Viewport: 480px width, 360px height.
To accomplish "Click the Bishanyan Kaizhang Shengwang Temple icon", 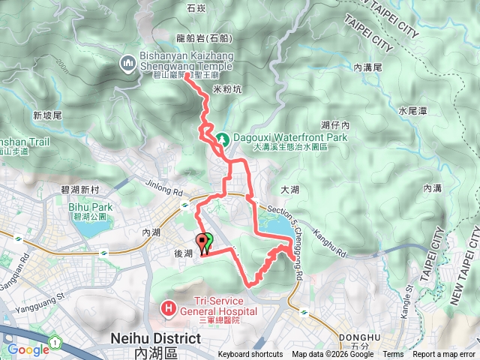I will (127, 64).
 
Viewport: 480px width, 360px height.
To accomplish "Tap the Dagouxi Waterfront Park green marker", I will (223, 139).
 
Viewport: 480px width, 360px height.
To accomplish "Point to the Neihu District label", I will (155, 338).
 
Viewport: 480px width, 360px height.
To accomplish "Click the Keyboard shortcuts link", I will (250, 355).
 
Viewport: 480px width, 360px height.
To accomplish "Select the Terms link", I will (393, 355).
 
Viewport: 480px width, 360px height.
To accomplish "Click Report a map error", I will (445, 355).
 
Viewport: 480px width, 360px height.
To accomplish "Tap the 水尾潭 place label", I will (412, 111).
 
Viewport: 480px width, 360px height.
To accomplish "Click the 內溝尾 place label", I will (368, 67).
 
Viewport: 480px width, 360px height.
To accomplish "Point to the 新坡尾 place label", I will (46, 115).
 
